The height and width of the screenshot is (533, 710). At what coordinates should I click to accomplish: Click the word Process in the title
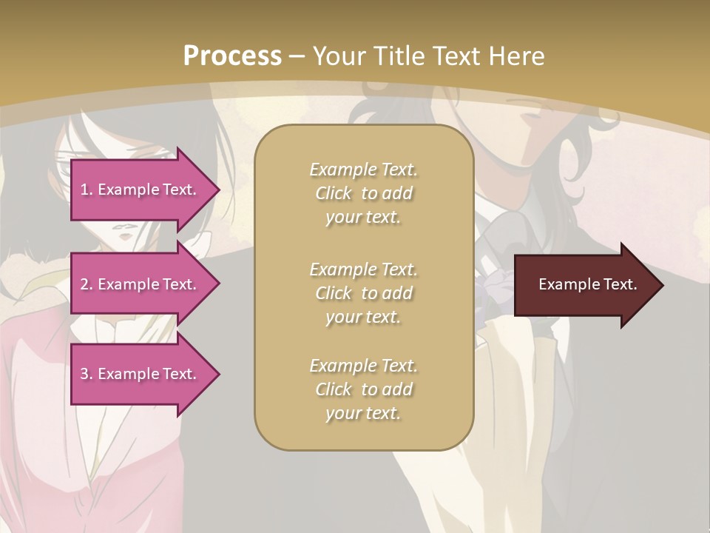pyautogui.click(x=232, y=56)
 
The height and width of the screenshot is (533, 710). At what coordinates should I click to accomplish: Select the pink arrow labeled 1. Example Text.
pyautogui.click(x=141, y=190)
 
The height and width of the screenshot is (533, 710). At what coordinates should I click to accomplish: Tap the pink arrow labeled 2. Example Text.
pyautogui.click(x=141, y=284)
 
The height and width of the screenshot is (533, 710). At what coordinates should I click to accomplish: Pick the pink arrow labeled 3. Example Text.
pyautogui.click(x=141, y=374)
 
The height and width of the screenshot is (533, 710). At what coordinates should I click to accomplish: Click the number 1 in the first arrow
pyautogui.click(x=84, y=190)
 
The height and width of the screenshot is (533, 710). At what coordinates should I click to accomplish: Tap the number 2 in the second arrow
pyautogui.click(x=84, y=284)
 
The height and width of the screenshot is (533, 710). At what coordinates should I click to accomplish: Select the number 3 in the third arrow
pyautogui.click(x=84, y=374)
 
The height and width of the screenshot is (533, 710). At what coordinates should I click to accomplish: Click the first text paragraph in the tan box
pyautogui.click(x=364, y=192)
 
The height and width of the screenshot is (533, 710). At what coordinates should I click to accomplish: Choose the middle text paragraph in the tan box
pyautogui.click(x=364, y=292)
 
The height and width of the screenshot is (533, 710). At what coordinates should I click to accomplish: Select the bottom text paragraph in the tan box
pyautogui.click(x=364, y=389)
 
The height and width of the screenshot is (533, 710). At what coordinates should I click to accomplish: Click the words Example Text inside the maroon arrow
pyautogui.click(x=588, y=284)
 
